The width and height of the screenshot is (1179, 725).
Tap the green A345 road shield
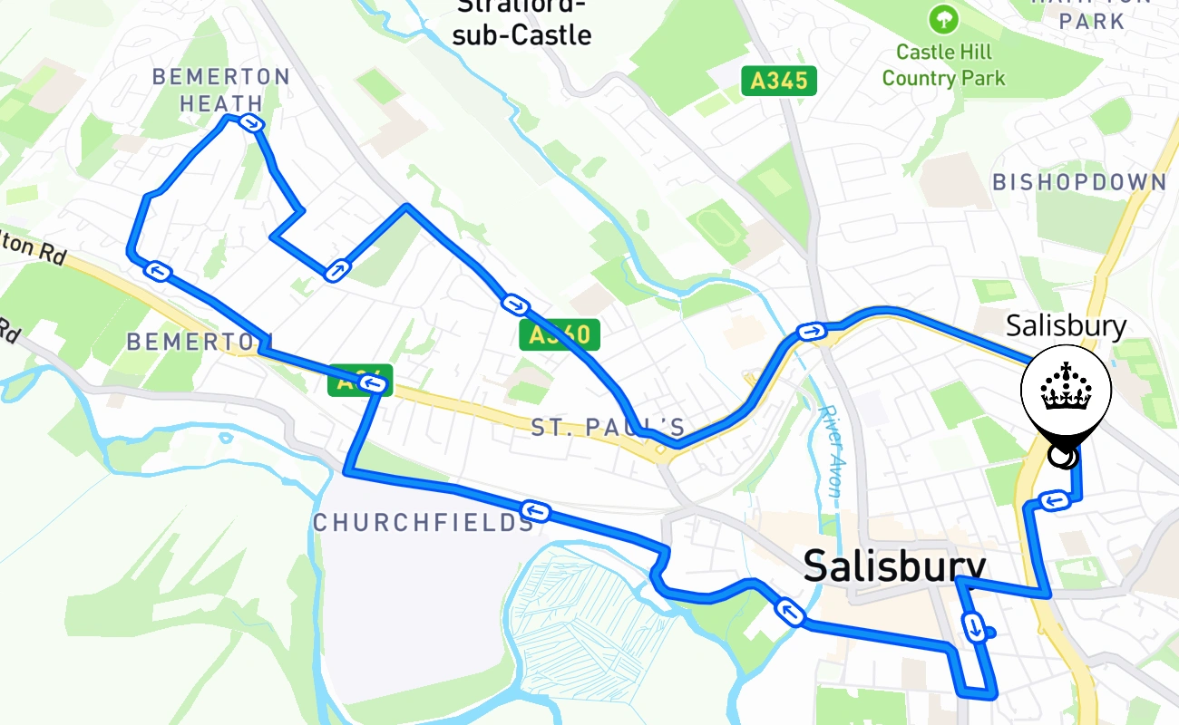click(779, 81)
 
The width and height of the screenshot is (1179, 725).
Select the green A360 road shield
click(560, 335)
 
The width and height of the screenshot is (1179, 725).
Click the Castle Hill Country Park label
click(943, 65)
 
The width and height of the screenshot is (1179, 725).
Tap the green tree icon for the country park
click(943, 18)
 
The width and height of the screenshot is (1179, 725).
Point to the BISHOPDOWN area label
click(1079, 182)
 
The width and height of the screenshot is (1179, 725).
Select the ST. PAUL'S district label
click(608, 428)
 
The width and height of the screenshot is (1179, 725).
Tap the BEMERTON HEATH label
click(221, 90)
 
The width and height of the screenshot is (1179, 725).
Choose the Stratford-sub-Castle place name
click(522, 23)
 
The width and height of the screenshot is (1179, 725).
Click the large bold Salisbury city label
click(894, 566)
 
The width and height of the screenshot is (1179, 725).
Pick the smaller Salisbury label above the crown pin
click(1066, 326)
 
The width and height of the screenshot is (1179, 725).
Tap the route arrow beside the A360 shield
click(514, 304)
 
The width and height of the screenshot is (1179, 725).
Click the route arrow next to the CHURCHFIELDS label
click(536, 512)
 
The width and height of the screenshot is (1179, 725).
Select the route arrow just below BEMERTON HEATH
click(251, 123)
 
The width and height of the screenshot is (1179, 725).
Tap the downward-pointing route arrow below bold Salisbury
click(974, 626)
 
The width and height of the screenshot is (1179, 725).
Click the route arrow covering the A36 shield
click(373, 386)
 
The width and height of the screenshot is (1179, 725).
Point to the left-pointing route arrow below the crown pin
click(1053, 501)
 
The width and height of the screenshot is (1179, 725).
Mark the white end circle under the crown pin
click(1062, 457)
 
